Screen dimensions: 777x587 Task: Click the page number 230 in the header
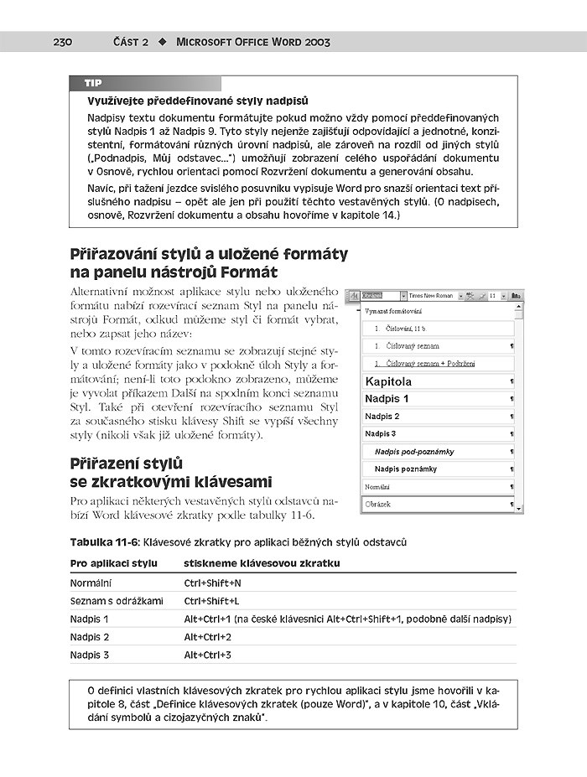pos(64,42)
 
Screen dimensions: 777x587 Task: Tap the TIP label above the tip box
pos(93,84)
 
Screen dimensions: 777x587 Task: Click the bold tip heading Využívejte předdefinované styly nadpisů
pos(198,101)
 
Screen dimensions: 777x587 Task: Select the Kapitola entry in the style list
pos(389,381)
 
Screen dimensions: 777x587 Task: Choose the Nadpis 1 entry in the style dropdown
pos(387,399)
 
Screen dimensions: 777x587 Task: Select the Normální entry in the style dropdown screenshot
pos(377,486)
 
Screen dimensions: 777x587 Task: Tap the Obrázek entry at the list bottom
pos(378,505)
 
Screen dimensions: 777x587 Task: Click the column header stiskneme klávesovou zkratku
pos(262,563)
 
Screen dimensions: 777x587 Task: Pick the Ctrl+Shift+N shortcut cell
pos(213,583)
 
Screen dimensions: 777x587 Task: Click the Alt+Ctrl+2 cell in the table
pos(208,637)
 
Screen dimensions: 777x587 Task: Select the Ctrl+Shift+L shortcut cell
pos(212,601)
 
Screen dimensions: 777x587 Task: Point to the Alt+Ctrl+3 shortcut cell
pos(208,655)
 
